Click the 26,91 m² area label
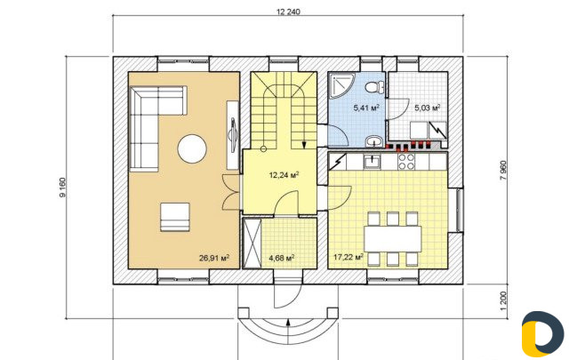point(214,258)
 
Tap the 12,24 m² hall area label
point(284,175)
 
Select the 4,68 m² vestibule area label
point(281,258)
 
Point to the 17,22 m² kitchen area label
point(349,257)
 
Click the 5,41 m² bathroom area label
point(366,108)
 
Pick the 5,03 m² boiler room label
point(428,108)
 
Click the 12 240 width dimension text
point(288,12)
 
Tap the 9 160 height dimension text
point(62,188)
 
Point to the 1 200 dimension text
point(502,300)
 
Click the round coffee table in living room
point(192,148)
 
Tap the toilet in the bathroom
point(375,87)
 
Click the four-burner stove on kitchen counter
point(405,162)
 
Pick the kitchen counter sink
point(373,162)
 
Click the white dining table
point(393,239)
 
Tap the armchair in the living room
point(175,217)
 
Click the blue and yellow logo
point(542,334)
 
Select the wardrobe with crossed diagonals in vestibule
point(252,243)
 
